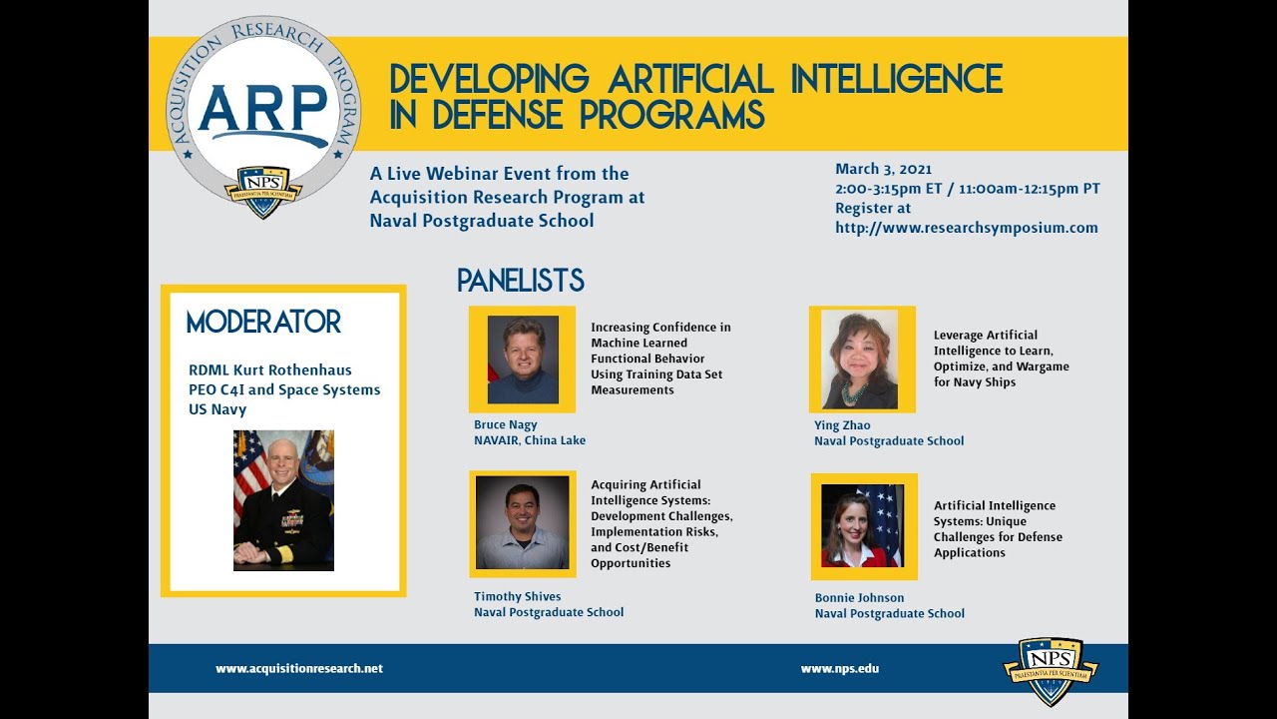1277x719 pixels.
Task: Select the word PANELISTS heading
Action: click(x=520, y=281)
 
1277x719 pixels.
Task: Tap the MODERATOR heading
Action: click(x=263, y=323)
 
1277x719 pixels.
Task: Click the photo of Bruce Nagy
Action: click(x=523, y=359)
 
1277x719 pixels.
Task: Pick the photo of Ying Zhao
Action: click(x=860, y=359)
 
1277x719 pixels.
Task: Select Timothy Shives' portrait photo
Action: click(x=522, y=522)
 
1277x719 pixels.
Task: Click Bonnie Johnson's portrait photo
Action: click(x=862, y=525)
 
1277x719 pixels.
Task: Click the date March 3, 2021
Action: click(x=883, y=169)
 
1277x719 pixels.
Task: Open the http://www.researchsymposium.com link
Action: click(x=966, y=228)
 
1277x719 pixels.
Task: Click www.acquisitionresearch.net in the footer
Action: click(x=299, y=669)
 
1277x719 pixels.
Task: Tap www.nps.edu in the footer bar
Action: click(x=839, y=669)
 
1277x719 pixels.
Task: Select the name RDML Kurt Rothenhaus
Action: click(x=269, y=370)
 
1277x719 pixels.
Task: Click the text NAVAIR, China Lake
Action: click(x=529, y=440)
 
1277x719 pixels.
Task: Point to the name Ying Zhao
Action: click(x=842, y=425)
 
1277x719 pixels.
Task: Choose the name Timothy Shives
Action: click(x=517, y=597)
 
